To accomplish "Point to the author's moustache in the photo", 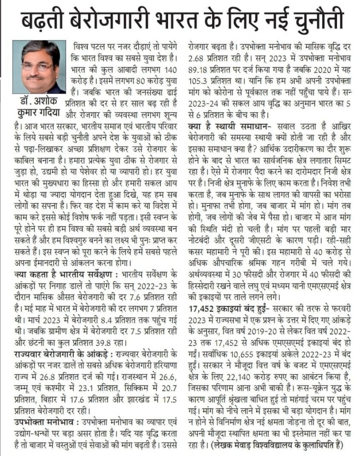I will coord(36,76).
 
